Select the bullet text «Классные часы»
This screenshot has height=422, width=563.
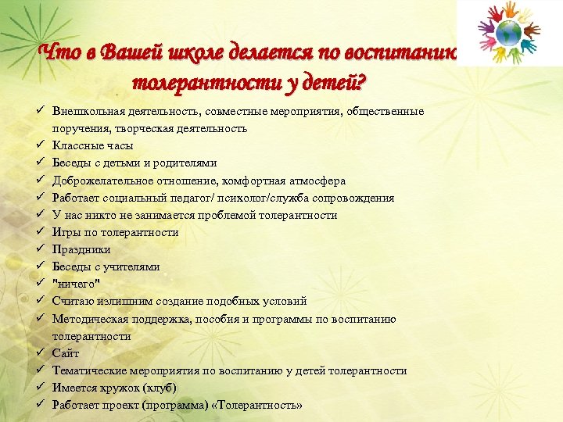[92, 145]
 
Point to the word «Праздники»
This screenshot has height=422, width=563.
[81, 249]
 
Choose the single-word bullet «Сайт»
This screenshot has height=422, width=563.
[66, 353]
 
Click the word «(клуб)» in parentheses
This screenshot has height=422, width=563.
[160, 388]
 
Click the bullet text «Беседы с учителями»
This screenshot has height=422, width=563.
[106, 266]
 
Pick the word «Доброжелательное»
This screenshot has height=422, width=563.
[97, 180]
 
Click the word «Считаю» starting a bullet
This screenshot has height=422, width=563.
[72, 301]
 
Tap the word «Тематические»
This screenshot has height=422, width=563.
[88, 370]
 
